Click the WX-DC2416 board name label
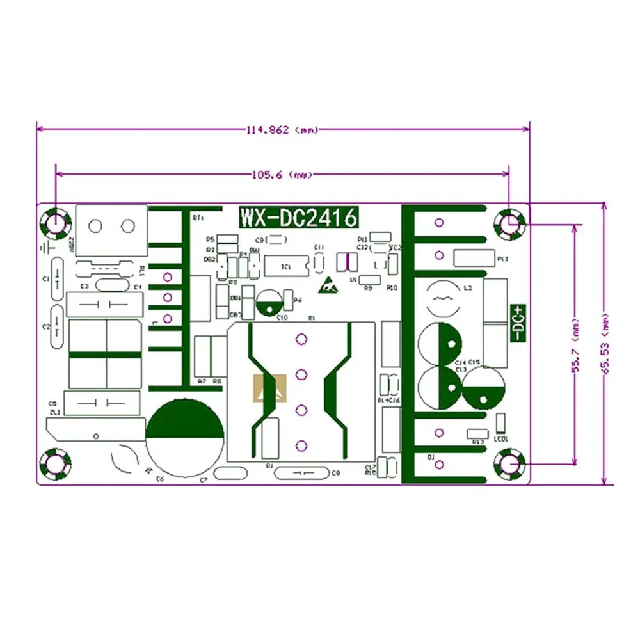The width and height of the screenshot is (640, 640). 298,218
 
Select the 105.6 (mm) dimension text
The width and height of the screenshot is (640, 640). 281,174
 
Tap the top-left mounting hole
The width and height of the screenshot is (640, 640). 55,223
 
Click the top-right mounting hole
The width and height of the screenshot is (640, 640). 510,223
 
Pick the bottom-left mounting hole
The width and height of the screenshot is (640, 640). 55,463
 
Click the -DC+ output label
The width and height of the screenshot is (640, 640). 518,322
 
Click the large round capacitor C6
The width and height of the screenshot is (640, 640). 185,437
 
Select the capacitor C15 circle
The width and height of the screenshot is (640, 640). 483,388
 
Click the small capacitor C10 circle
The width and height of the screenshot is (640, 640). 271,301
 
